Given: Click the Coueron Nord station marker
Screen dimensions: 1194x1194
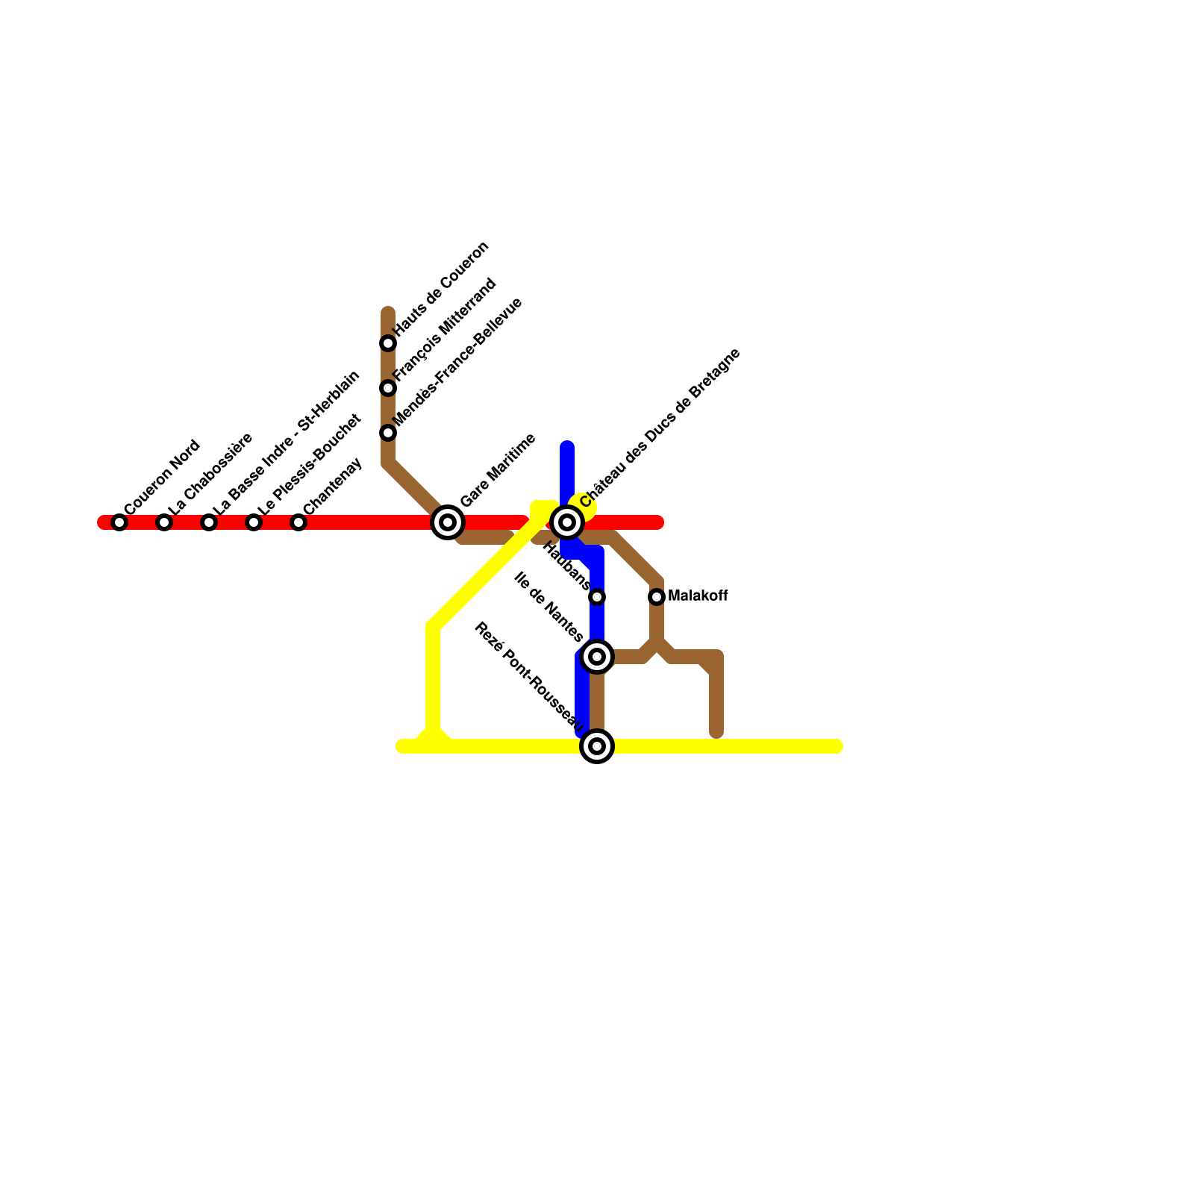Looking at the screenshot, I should tap(119, 522).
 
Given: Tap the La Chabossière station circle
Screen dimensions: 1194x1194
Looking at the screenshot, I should tap(164, 522).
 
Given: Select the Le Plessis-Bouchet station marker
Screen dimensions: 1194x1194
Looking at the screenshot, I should tap(254, 522).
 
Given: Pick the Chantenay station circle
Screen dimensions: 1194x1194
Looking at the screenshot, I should tap(298, 522).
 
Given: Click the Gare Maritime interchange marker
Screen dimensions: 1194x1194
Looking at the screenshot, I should tap(448, 522).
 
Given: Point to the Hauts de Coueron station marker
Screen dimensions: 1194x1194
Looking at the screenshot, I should tap(388, 343).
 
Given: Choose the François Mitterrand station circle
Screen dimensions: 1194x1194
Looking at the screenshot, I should tap(388, 388).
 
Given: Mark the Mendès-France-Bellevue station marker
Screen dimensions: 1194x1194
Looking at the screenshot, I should tap(388, 433).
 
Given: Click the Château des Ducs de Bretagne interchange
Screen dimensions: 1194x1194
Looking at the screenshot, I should tap(567, 522).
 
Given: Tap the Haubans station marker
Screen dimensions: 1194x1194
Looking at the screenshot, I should tap(597, 597).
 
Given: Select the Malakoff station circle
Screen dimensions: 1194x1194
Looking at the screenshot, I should tap(657, 597).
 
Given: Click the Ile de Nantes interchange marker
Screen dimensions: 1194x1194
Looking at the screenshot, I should tap(597, 657).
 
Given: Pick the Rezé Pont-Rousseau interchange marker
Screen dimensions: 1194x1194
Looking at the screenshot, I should tap(597, 746).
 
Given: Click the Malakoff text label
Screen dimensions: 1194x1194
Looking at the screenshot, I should tap(698, 596).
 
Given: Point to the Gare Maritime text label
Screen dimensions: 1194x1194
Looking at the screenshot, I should tap(498, 470).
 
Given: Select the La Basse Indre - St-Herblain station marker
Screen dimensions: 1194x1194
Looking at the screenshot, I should tap(209, 522).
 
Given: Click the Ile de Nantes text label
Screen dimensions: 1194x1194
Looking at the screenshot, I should tap(549, 607).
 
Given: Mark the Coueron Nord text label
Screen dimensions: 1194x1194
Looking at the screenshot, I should tap(162, 478).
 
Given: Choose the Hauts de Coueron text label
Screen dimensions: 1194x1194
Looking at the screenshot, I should tap(440, 288).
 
